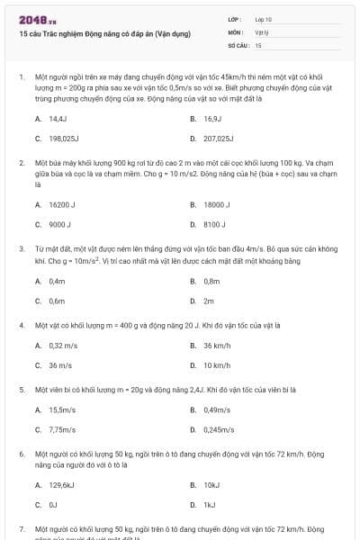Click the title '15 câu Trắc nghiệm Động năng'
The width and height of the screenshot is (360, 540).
(104, 34)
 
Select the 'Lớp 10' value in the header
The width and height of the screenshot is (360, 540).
(264, 19)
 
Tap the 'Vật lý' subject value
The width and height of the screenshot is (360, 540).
(262, 31)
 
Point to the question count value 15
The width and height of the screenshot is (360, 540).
(259, 44)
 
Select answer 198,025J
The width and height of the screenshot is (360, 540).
(65, 139)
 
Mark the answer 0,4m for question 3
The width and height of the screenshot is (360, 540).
(57, 281)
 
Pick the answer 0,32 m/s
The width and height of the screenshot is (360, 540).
(62, 345)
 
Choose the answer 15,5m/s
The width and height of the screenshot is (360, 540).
(61, 409)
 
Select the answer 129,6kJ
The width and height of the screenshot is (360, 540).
(62, 484)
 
